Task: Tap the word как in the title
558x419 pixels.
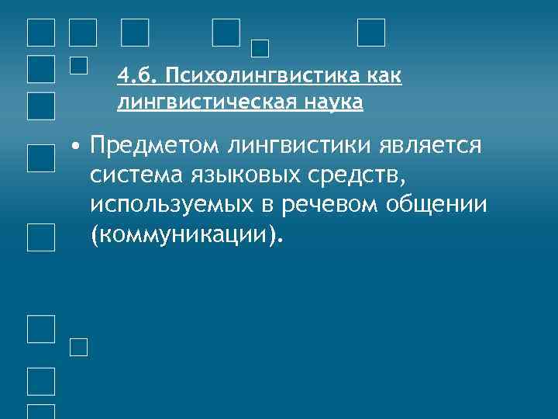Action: click(x=384, y=77)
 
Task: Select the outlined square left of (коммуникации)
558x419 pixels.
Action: click(x=40, y=236)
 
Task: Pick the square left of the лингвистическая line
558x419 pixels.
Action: click(x=40, y=104)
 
